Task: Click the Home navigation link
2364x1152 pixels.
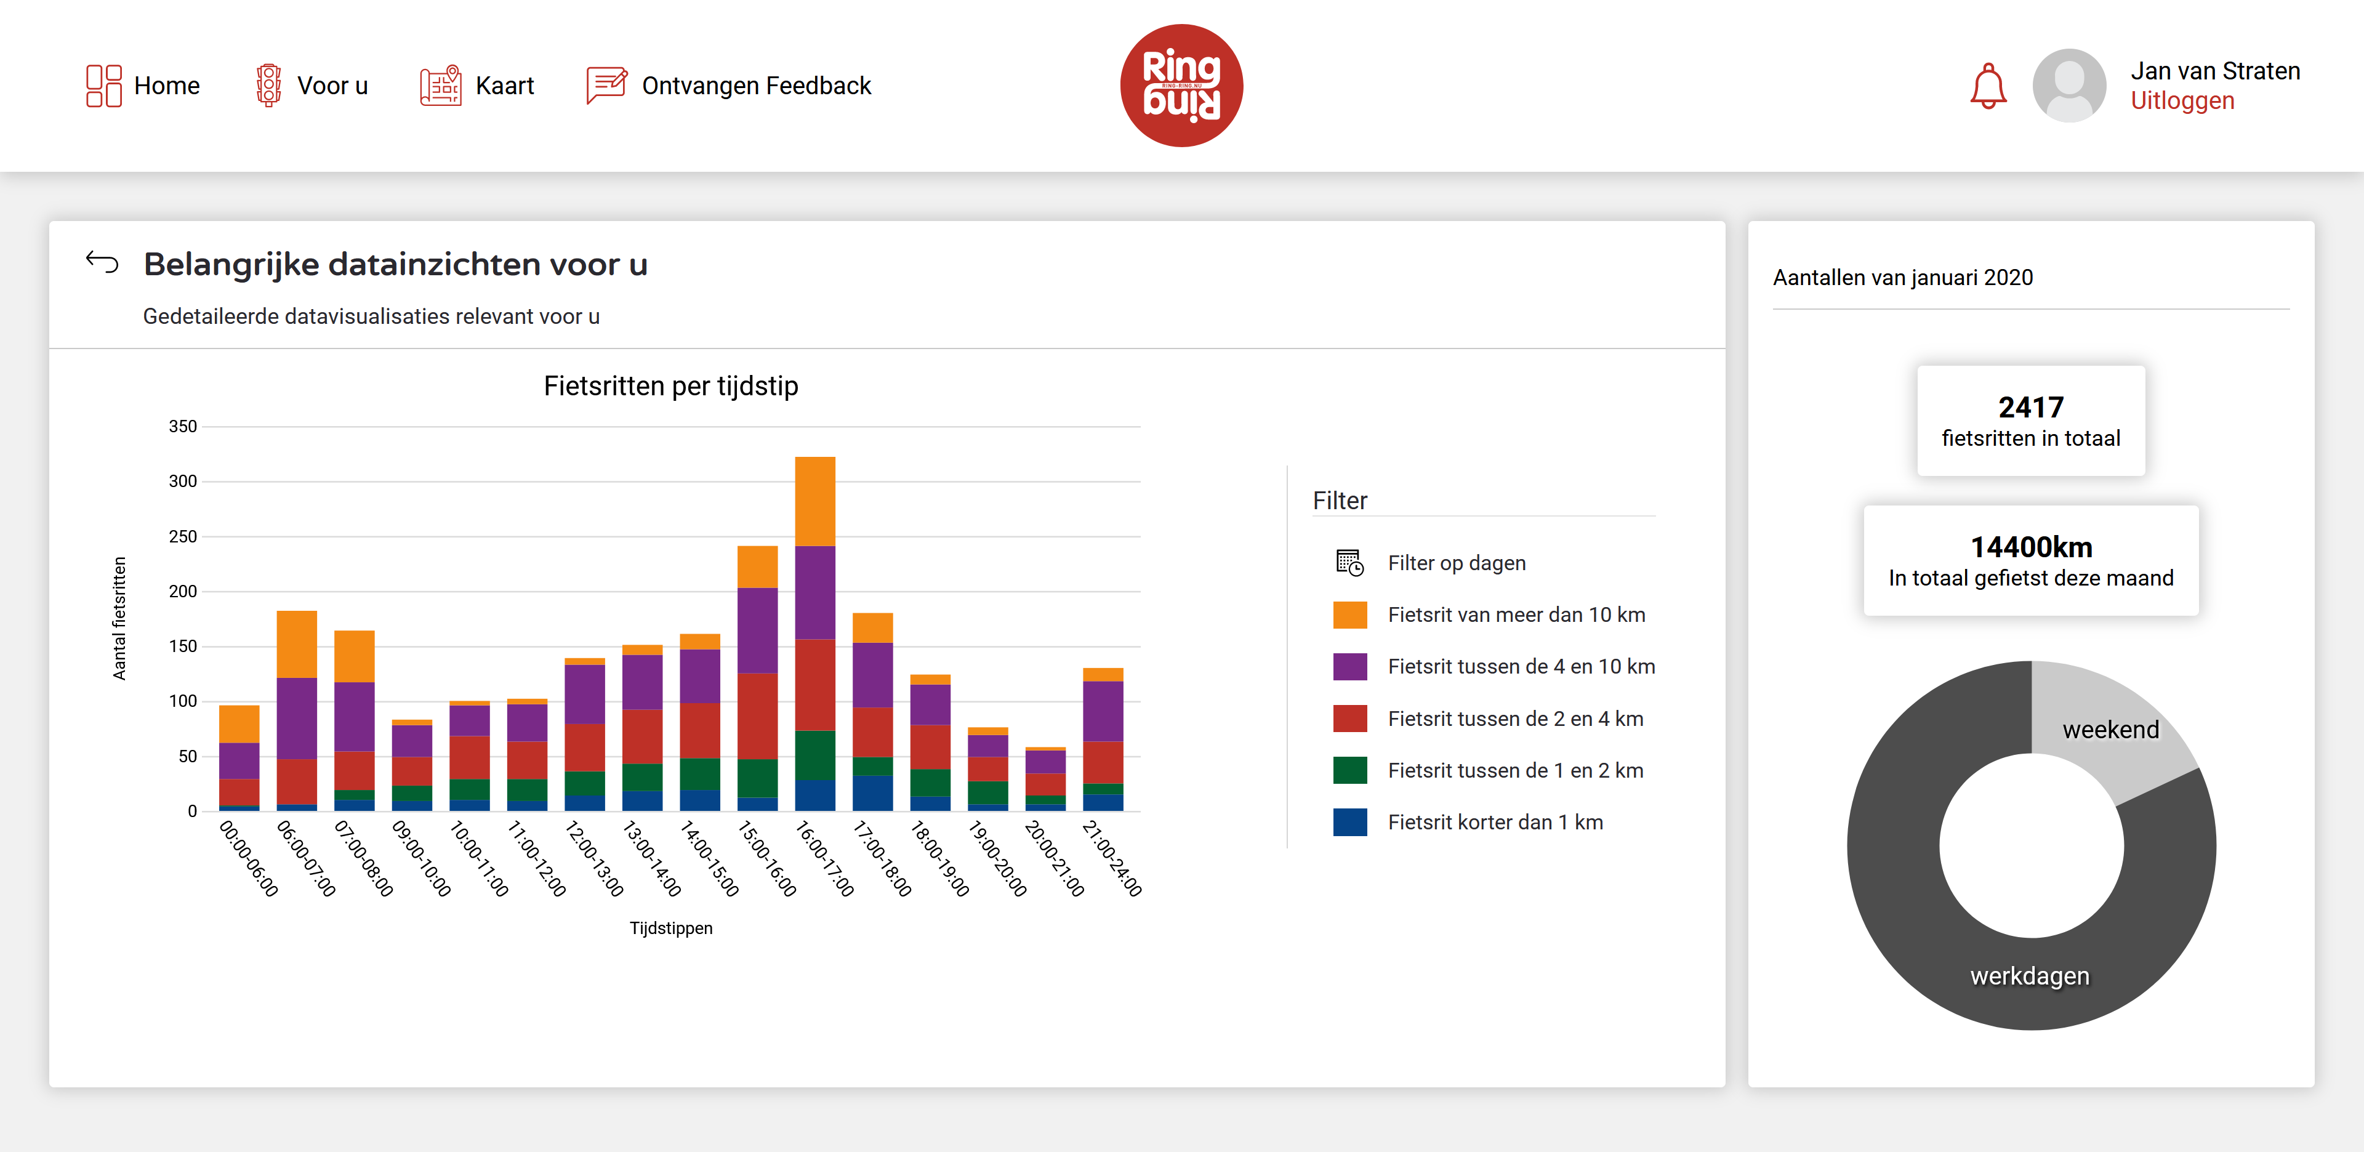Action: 143,86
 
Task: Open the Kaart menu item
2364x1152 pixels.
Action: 477,86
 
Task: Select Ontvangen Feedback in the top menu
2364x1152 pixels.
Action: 730,86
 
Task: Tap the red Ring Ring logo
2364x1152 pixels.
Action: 1181,86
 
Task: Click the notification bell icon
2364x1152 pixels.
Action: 1988,86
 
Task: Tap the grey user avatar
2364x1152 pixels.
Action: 2068,86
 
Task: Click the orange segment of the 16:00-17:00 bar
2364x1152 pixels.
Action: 815,501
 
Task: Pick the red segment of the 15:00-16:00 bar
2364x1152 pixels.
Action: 757,716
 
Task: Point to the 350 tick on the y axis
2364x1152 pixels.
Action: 183,427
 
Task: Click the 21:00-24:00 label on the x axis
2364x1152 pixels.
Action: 1112,858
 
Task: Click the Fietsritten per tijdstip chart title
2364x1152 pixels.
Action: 671,385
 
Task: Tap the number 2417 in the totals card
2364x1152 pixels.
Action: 2031,406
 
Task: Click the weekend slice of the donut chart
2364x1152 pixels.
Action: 2111,730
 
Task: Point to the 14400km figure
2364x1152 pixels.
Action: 2031,547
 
